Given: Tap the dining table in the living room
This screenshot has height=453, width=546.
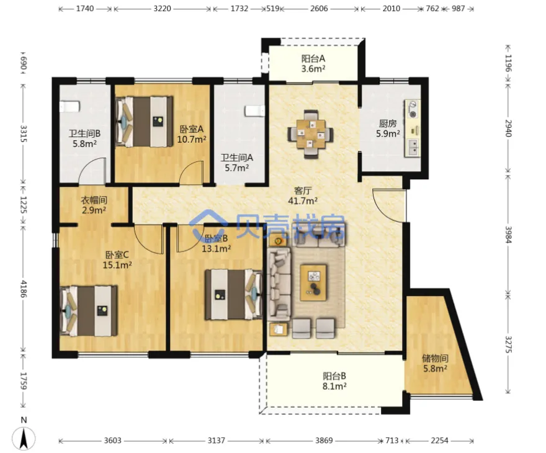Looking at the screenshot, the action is pos(311,134).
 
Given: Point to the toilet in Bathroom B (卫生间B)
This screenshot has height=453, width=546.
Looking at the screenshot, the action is pos(70,107).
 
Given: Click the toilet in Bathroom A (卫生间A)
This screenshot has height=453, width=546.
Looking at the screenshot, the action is pos(255,111).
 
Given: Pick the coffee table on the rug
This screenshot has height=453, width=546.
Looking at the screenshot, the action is pos(313,282).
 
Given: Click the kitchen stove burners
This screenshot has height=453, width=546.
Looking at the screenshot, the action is pos(413,109).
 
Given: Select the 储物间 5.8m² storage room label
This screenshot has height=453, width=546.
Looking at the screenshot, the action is pos(435,363).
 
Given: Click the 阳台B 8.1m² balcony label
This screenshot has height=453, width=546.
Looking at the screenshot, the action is pos(334,381).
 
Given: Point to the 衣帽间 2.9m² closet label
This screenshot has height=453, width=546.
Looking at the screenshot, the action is pos(94,205).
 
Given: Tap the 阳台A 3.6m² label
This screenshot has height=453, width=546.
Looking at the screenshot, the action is pos(313,63).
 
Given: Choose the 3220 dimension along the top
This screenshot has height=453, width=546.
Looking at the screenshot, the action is pos(163,8).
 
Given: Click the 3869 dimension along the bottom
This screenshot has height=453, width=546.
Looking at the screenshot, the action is pos(324,441).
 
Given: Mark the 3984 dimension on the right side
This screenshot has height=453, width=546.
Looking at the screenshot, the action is pos(508,235).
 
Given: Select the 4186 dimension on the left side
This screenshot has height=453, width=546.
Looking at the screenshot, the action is pos(23,289).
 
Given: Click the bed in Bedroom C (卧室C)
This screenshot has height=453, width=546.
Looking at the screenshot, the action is pos(89,311).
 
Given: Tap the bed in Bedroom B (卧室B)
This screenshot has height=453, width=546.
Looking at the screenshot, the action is pos(233,295).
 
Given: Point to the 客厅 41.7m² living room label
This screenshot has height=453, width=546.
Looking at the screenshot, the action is pos(303,195).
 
